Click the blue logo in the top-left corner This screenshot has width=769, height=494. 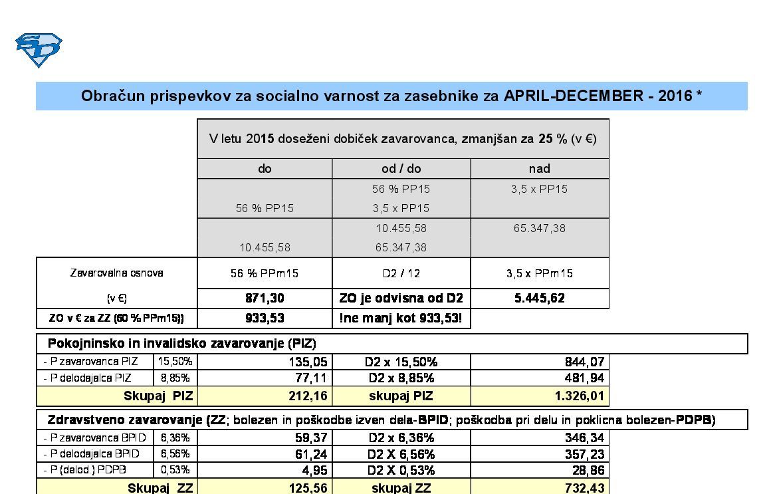(x=39, y=50)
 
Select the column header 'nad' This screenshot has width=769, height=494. (x=539, y=169)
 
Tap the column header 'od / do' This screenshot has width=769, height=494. (x=401, y=169)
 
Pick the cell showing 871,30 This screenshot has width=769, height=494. (x=265, y=299)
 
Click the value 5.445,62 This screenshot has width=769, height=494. (x=539, y=299)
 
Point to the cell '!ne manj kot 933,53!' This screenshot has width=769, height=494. (x=401, y=318)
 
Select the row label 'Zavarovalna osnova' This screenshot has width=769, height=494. (x=116, y=273)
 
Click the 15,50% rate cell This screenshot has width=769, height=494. (x=175, y=362)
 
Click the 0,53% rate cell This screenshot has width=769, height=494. (x=175, y=469)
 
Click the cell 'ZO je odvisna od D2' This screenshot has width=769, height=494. (x=401, y=299)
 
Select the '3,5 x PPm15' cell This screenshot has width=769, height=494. (x=539, y=273)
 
